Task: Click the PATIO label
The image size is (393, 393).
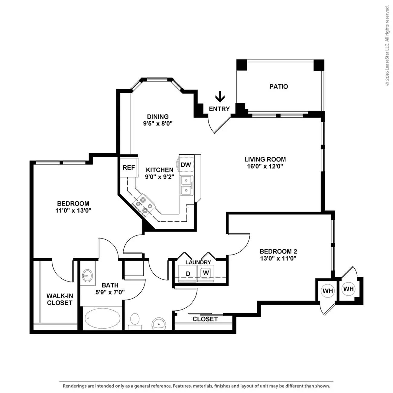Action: tap(279, 86)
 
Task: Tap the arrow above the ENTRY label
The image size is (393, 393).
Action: tap(220, 97)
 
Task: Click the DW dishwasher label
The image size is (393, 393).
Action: tap(186, 164)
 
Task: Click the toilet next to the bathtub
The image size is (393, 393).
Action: tap(135, 321)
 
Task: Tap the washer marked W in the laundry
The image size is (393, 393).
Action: tap(206, 273)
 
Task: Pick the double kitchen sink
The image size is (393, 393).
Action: tap(187, 185)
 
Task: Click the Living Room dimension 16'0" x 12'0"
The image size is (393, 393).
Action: tap(265, 166)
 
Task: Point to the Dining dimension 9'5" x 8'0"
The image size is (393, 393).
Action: tap(158, 123)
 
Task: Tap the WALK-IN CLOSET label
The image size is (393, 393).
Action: tap(60, 299)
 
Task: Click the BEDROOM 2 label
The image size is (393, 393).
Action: tap(278, 251)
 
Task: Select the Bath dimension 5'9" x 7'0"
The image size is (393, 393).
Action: tap(110, 292)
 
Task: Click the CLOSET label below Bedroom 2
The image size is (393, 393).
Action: tap(205, 319)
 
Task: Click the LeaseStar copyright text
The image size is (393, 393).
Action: tap(387, 46)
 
